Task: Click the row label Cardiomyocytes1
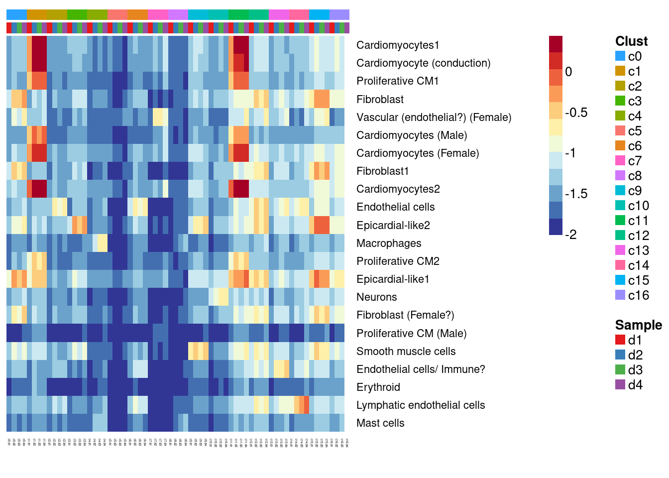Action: point(398,45)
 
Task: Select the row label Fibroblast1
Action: point(382,171)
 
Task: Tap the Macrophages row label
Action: point(389,243)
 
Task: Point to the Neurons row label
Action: point(376,297)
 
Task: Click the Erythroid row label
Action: point(378,387)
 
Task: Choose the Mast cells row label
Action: point(380,423)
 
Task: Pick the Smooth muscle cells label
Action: point(406,352)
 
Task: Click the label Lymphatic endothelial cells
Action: point(420,405)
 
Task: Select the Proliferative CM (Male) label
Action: point(411,334)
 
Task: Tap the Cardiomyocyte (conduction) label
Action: point(423,63)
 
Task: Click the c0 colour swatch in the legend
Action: point(620,56)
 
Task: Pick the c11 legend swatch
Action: point(620,220)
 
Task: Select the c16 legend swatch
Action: point(620,295)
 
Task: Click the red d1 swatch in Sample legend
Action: point(620,340)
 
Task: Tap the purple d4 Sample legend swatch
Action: point(620,384)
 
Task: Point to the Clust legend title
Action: point(631,41)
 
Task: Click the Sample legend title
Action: point(638,325)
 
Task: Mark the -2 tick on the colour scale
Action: point(571,235)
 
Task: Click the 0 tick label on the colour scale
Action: point(568,72)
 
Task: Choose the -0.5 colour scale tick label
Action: point(576,113)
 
